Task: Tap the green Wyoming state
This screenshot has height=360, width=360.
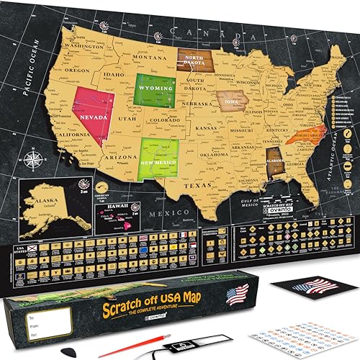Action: pyautogui.click(x=153, y=89)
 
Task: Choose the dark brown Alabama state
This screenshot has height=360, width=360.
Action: pyautogui.click(x=274, y=166)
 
